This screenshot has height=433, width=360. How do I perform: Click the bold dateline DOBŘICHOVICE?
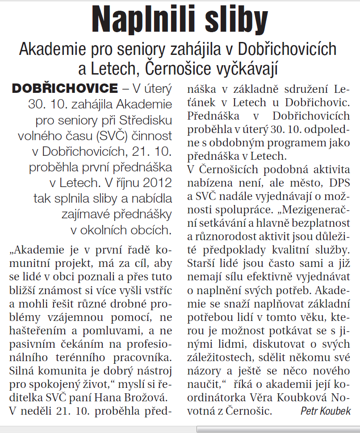pos(65,88)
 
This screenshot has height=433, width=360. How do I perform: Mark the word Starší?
pos(202,260)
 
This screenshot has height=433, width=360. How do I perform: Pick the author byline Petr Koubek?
pos(326,411)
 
